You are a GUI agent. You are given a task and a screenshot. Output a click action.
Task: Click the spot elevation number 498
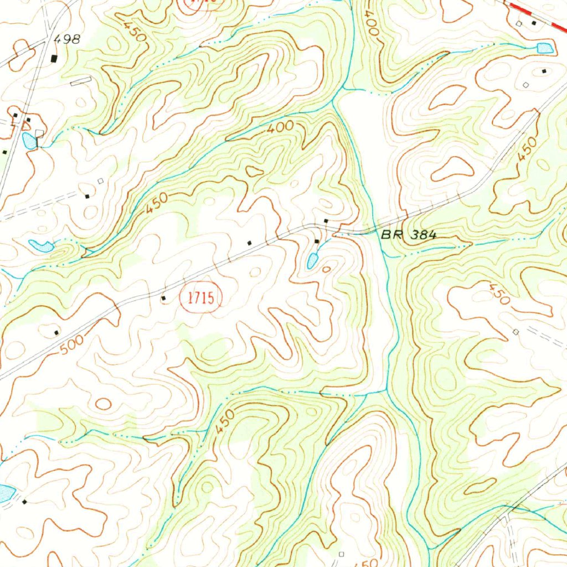click(x=68, y=39)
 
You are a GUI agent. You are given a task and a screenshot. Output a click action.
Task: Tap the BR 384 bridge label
click(x=408, y=235)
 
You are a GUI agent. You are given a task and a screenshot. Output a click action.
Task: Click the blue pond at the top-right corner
click(x=545, y=48)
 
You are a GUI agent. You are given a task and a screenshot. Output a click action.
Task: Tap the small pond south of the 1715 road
click(x=312, y=260)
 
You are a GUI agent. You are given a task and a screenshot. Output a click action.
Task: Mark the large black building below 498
click(x=54, y=58)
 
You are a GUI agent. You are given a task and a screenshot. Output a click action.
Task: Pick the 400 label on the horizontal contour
click(x=280, y=128)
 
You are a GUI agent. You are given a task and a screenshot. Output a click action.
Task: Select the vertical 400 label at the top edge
click(x=371, y=25)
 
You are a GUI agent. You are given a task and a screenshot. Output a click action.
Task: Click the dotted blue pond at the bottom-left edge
click(x=5, y=492)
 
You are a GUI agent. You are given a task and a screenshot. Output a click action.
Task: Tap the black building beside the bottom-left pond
click(x=24, y=502)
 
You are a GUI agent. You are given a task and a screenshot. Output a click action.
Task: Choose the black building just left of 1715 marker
click(x=163, y=299)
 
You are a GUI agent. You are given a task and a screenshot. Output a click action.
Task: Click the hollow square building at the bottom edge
click(x=341, y=554)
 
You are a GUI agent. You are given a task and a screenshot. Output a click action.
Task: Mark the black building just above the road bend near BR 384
click(x=326, y=221)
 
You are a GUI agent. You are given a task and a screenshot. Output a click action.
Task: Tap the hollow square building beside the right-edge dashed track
click(x=516, y=332)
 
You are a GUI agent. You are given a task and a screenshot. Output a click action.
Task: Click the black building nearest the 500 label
click(x=56, y=333)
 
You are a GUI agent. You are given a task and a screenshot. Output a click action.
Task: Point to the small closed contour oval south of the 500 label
click(x=103, y=404)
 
